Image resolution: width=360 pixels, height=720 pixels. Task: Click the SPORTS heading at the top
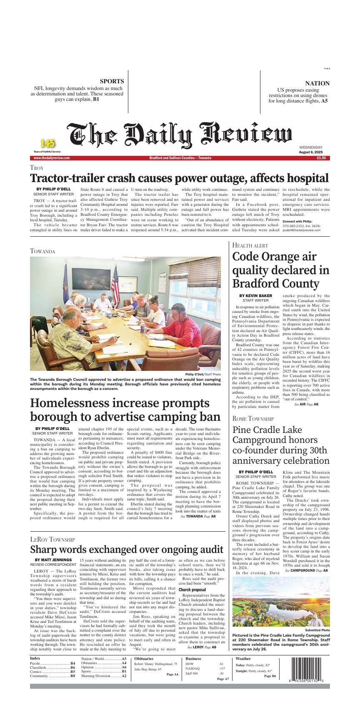point(112,81)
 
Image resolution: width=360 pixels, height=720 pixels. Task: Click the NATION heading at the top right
point(317,83)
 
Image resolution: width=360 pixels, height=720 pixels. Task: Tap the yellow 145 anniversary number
point(47,143)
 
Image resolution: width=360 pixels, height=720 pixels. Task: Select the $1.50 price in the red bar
point(321,158)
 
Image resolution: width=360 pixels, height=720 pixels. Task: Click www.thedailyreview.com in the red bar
point(51,158)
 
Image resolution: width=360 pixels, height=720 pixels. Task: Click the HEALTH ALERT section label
point(250,245)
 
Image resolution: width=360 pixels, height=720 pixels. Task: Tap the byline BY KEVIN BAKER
point(255,295)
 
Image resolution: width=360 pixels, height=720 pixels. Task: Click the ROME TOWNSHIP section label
point(253,418)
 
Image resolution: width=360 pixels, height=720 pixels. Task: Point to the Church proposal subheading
point(192,590)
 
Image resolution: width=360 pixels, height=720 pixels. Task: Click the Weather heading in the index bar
point(243,659)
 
